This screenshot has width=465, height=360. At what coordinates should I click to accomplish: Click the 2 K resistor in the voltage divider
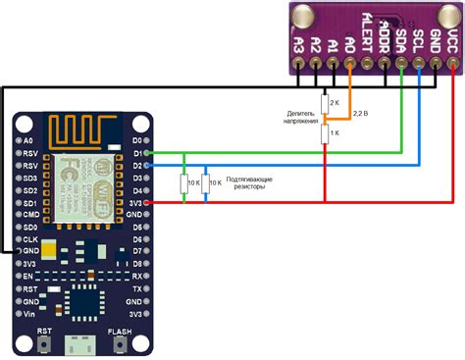click(325, 103)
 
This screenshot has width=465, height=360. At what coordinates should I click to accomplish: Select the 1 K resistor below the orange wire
click(325, 132)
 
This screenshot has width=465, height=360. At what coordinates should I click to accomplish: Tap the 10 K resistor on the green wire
click(186, 182)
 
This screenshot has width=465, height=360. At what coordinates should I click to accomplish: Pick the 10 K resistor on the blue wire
click(205, 182)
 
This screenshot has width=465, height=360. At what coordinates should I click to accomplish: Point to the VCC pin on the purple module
click(451, 67)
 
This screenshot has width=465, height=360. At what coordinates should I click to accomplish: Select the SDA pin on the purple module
click(401, 67)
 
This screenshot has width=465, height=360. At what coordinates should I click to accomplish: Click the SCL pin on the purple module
click(418, 67)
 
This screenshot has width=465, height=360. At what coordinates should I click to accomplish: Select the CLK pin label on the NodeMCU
click(30, 238)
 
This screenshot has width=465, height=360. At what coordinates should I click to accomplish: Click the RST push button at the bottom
click(44, 345)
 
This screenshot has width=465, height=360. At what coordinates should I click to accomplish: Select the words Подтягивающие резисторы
click(249, 183)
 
